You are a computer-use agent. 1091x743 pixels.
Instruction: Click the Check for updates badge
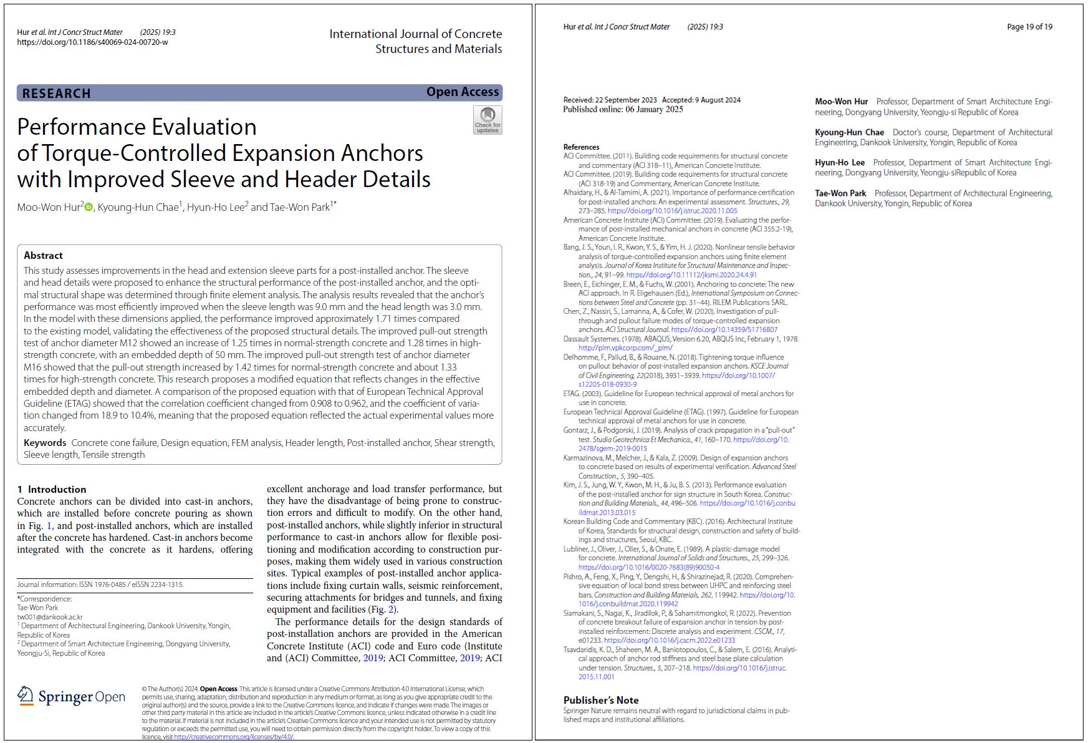click(487, 120)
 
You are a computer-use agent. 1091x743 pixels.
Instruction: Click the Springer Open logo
click(71, 696)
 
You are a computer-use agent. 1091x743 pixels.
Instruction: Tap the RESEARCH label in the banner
click(57, 94)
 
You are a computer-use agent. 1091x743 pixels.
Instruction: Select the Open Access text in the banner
click(462, 92)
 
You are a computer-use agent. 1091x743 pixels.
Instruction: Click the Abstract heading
click(43, 255)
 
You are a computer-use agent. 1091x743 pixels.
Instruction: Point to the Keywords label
click(45, 443)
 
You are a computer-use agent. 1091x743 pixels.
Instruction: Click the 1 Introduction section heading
click(52, 489)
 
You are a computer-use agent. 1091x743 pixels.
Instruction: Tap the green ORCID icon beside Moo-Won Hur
click(89, 207)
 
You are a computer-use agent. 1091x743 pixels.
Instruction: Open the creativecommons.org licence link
click(233, 737)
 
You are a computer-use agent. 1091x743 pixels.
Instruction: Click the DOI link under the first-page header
click(92, 42)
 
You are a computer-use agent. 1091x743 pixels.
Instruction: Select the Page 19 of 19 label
click(1029, 27)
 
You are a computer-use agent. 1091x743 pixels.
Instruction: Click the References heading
click(581, 147)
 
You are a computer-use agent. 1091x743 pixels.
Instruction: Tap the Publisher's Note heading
click(601, 700)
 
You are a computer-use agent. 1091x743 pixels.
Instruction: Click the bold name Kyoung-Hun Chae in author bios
click(849, 132)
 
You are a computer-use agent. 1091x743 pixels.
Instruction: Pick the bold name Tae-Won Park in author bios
click(840, 193)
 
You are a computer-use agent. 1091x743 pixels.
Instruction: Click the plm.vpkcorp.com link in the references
click(625, 348)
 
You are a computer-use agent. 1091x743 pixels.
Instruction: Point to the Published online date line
click(623, 109)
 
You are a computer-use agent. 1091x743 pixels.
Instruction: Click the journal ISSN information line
click(100, 585)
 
